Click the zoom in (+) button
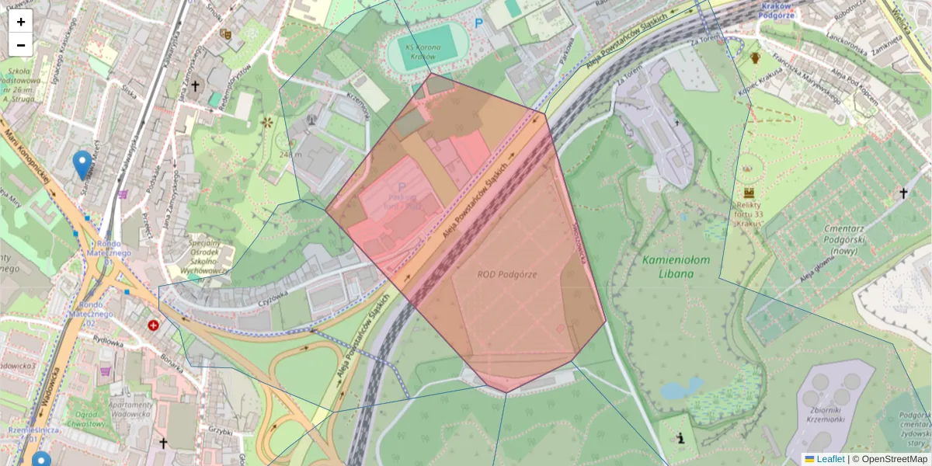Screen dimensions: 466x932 [21, 22]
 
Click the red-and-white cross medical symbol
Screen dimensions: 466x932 [153, 325]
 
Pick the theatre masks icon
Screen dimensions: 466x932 [226, 34]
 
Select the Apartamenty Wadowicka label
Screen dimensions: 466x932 [130, 409]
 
